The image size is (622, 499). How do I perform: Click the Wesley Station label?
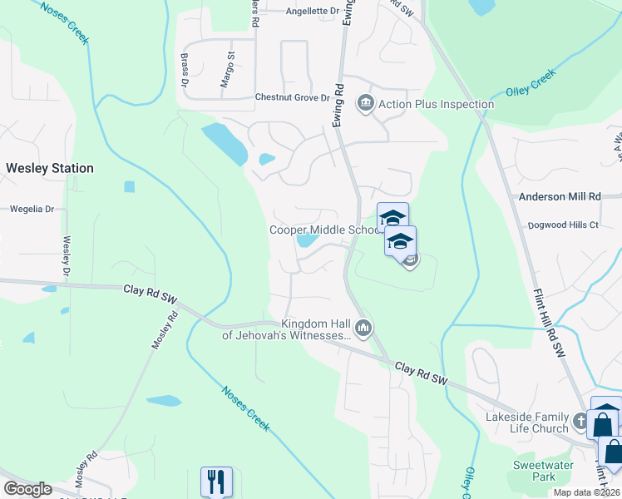tap(50, 168)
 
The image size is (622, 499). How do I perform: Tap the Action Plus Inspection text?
tap(436, 104)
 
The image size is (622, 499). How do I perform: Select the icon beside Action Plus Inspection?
tap(365, 104)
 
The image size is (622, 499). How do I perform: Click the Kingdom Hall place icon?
tap(363, 329)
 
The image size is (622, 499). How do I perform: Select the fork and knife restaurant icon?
tap(216, 482)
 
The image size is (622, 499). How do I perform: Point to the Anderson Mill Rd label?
tap(559, 197)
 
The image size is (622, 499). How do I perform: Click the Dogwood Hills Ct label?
tap(563, 225)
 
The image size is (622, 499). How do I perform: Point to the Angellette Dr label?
tap(313, 12)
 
